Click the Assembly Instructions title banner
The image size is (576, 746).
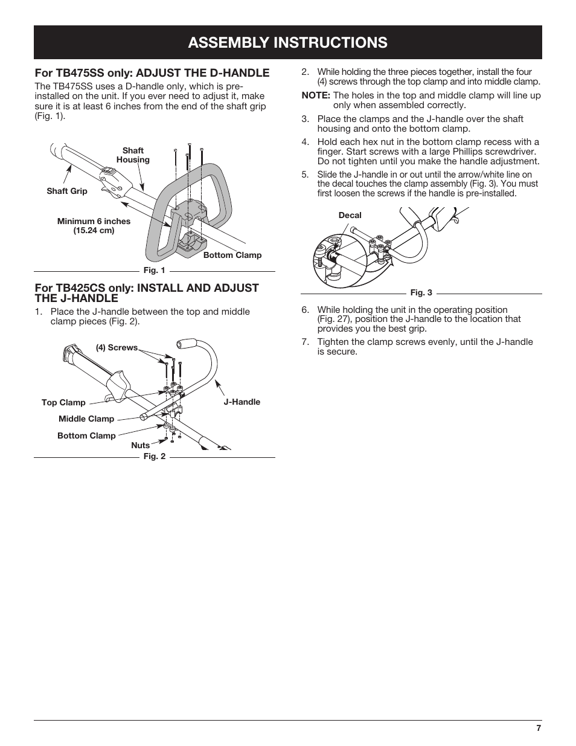[287, 42]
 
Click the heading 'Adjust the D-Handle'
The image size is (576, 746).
[152, 73]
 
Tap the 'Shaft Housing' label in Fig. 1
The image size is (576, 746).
[133, 155]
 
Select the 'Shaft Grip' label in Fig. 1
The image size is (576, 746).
[67, 191]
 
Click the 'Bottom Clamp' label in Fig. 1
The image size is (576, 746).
[232, 255]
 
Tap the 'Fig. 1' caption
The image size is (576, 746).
[154, 271]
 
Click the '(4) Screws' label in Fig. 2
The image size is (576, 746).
[117, 347]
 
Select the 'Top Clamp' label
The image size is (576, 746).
[63, 402]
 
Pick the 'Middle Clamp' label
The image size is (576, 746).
[86, 419]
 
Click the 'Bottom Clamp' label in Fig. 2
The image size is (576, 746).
[86, 436]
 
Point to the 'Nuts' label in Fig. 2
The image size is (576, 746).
[140, 445]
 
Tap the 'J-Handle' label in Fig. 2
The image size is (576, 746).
[242, 402]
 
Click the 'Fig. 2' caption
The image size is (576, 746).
[154, 456]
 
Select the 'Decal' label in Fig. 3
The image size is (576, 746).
[350, 215]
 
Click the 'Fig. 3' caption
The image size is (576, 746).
[421, 292]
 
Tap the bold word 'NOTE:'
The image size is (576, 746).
[316, 95]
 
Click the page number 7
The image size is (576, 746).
[538, 728]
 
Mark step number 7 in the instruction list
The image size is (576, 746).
[305, 342]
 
